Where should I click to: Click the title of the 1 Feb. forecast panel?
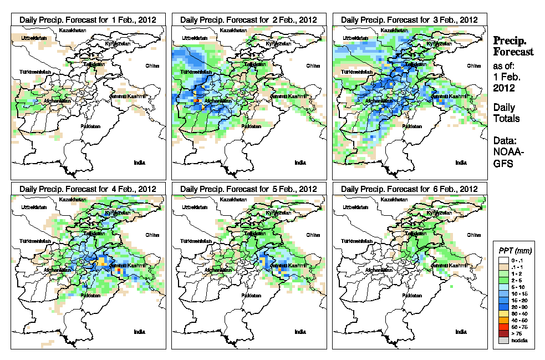(88, 19)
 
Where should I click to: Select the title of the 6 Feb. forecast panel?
(409, 189)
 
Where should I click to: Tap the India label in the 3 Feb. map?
(461, 163)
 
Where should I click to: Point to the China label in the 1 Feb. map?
(152, 65)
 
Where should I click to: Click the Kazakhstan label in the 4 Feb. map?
(74, 199)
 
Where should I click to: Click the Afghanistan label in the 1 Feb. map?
(54, 101)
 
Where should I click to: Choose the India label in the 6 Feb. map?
(461, 332)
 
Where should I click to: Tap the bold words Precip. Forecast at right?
(513, 46)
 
